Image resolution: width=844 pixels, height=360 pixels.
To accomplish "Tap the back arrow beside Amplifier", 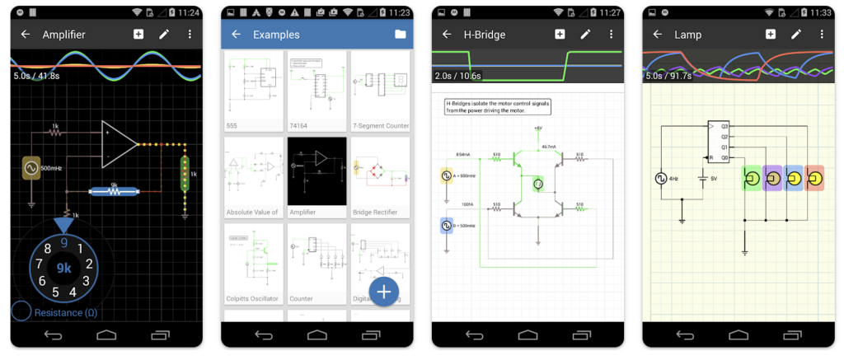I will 26,35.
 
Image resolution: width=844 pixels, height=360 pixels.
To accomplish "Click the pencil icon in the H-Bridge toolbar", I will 586,35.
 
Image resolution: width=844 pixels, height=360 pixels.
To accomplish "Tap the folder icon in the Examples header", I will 400,35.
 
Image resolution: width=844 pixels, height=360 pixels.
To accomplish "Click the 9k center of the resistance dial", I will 63,268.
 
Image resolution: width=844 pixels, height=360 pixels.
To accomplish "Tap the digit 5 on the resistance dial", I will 56,292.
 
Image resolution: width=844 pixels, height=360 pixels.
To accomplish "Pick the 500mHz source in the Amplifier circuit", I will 31,169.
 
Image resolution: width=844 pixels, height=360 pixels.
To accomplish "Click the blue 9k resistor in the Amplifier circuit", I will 114,191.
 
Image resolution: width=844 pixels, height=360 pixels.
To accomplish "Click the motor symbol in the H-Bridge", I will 538,184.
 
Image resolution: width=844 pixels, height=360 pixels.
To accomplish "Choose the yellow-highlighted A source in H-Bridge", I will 446,175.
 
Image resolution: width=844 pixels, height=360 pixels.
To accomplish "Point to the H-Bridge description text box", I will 498,107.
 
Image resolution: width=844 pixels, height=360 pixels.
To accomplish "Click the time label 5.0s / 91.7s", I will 668,76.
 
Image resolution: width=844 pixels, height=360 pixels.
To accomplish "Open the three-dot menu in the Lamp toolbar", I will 823,35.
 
